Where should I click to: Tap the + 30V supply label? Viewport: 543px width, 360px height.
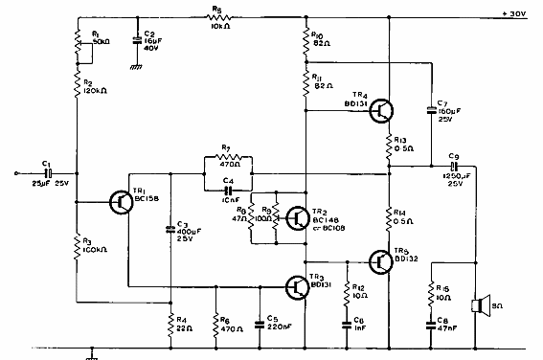coord(513,13)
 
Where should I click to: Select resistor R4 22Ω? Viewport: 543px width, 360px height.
coord(171,321)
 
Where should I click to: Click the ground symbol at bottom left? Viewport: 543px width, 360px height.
coord(92,353)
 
